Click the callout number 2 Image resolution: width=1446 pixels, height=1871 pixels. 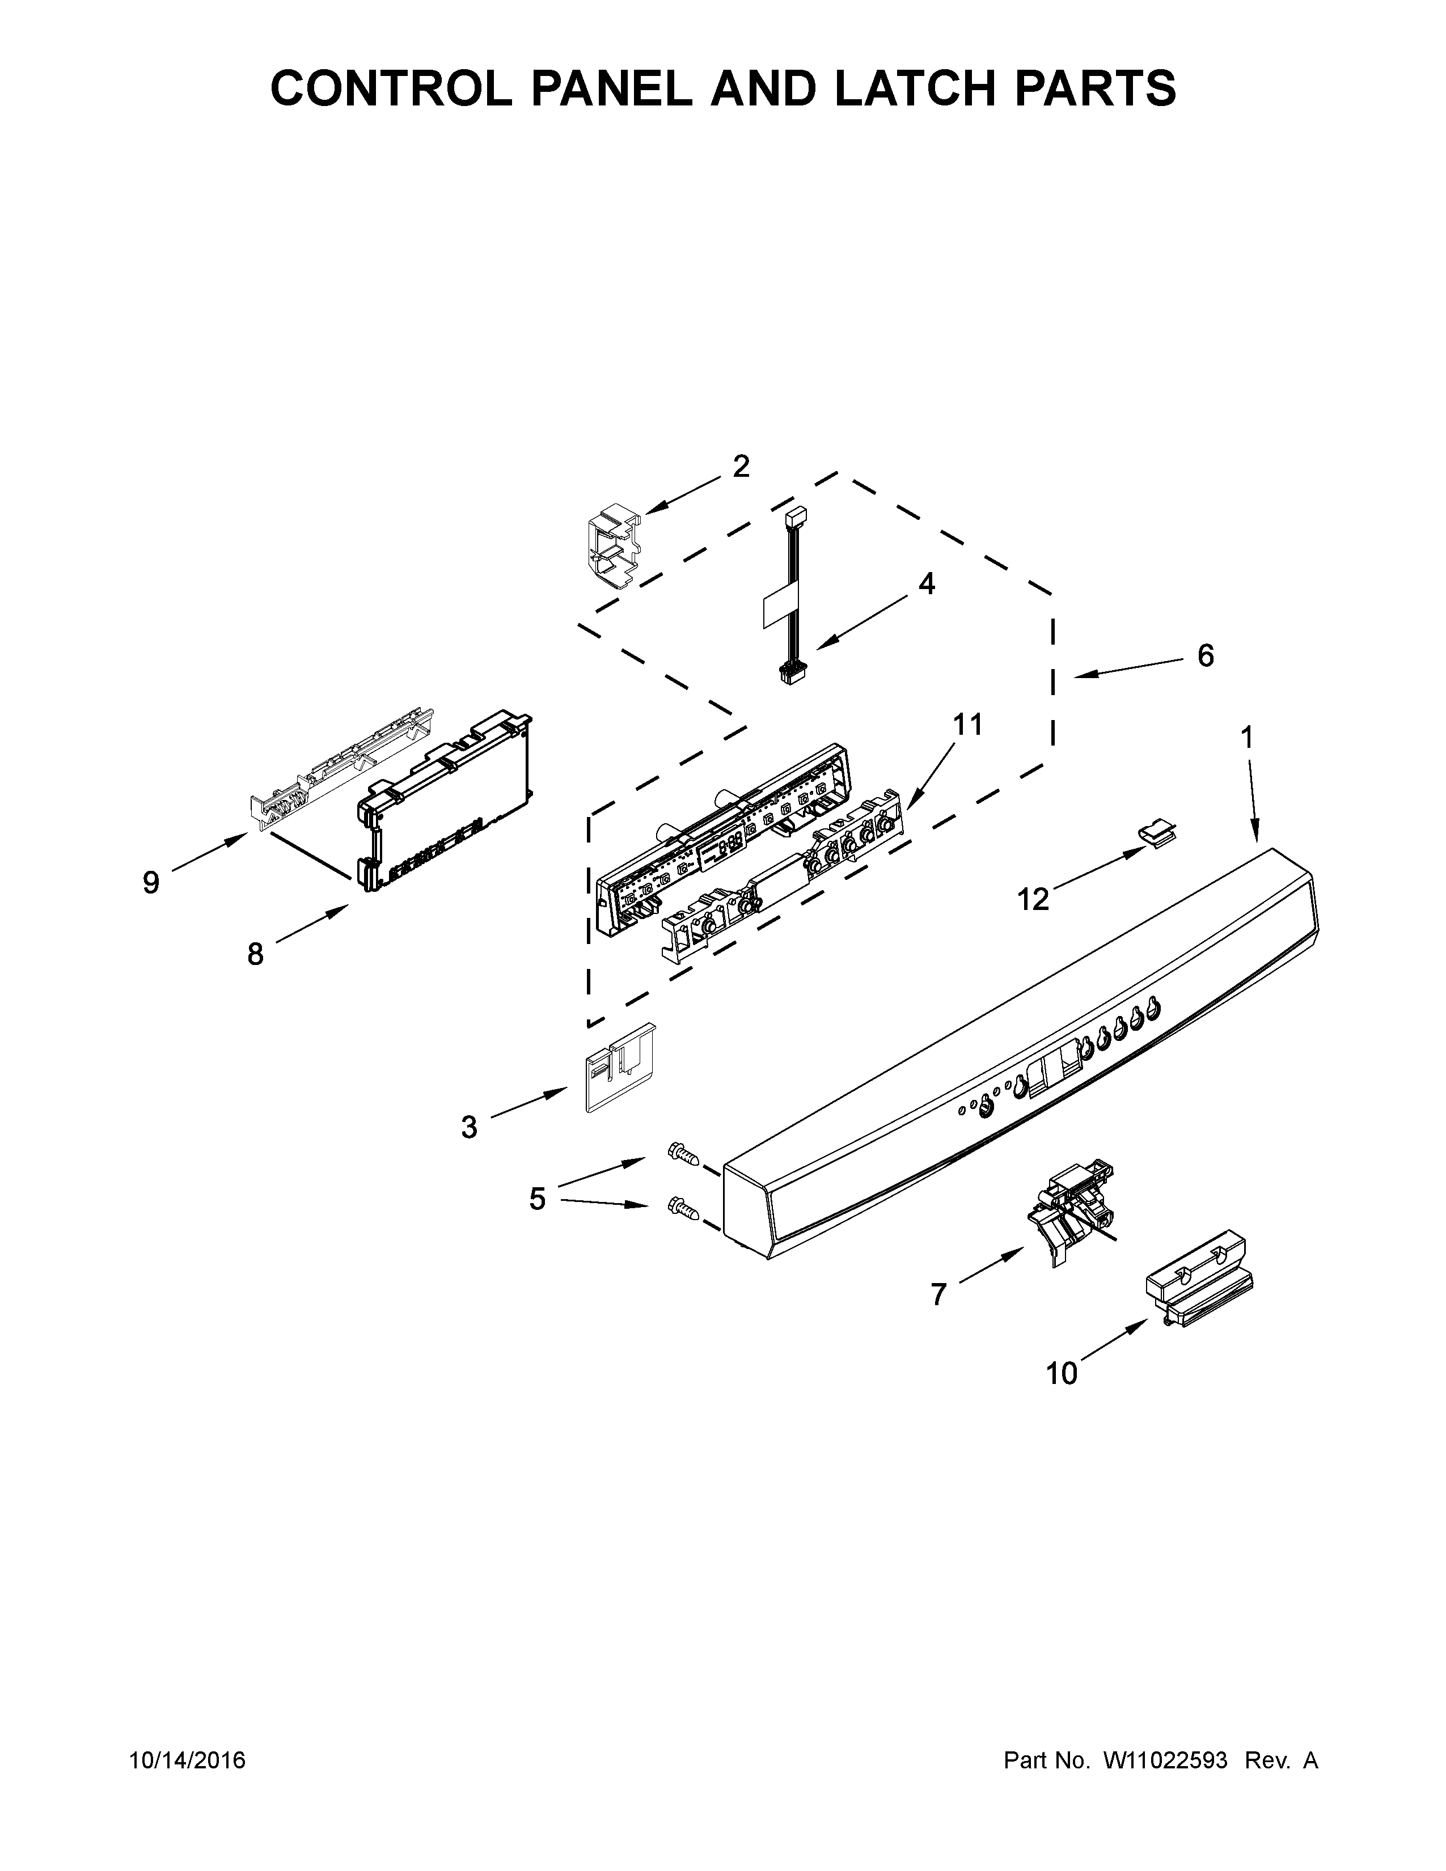coord(741,467)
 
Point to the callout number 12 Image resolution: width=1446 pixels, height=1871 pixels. coord(1033,899)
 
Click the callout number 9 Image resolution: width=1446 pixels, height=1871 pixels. coord(151,882)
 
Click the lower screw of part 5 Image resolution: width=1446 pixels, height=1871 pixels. coord(683,1207)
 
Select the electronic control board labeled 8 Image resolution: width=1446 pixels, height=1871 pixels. coord(446,805)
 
